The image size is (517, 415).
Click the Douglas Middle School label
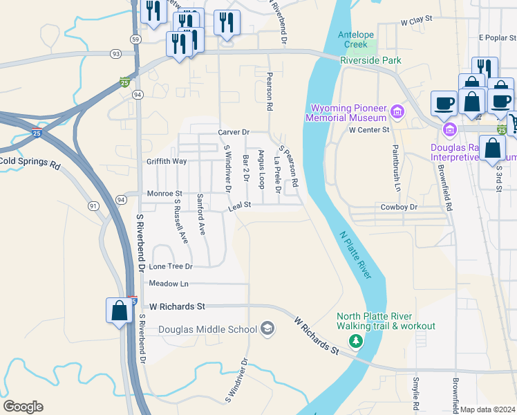click(x=207, y=329)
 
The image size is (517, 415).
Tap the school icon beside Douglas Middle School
click(x=267, y=329)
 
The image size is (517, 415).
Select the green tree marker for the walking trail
click(x=356, y=341)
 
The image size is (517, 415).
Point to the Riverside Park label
click(x=370, y=60)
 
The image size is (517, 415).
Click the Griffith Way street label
click(x=167, y=161)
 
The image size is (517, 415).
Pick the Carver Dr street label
click(x=233, y=132)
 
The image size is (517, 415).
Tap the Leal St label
click(x=239, y=205)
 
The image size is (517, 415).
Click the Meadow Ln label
click(x=169, y=284)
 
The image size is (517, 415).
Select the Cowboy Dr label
click(x=399, y=207)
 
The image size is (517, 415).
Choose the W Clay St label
click(x=416, y=21)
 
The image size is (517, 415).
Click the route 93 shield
click(x=115, y=53)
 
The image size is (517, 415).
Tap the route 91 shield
click(x=94, y=205)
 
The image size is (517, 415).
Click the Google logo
click(x=23, y=407)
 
